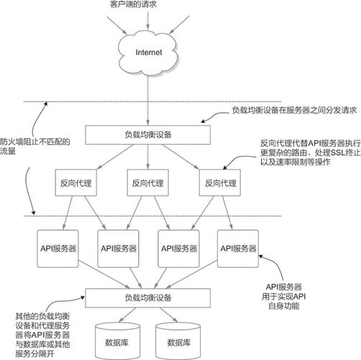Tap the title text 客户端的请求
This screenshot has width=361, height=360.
click(150, 5)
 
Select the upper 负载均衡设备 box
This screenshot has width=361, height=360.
click(148, 134)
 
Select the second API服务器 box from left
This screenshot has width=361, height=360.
click(119, 248)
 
